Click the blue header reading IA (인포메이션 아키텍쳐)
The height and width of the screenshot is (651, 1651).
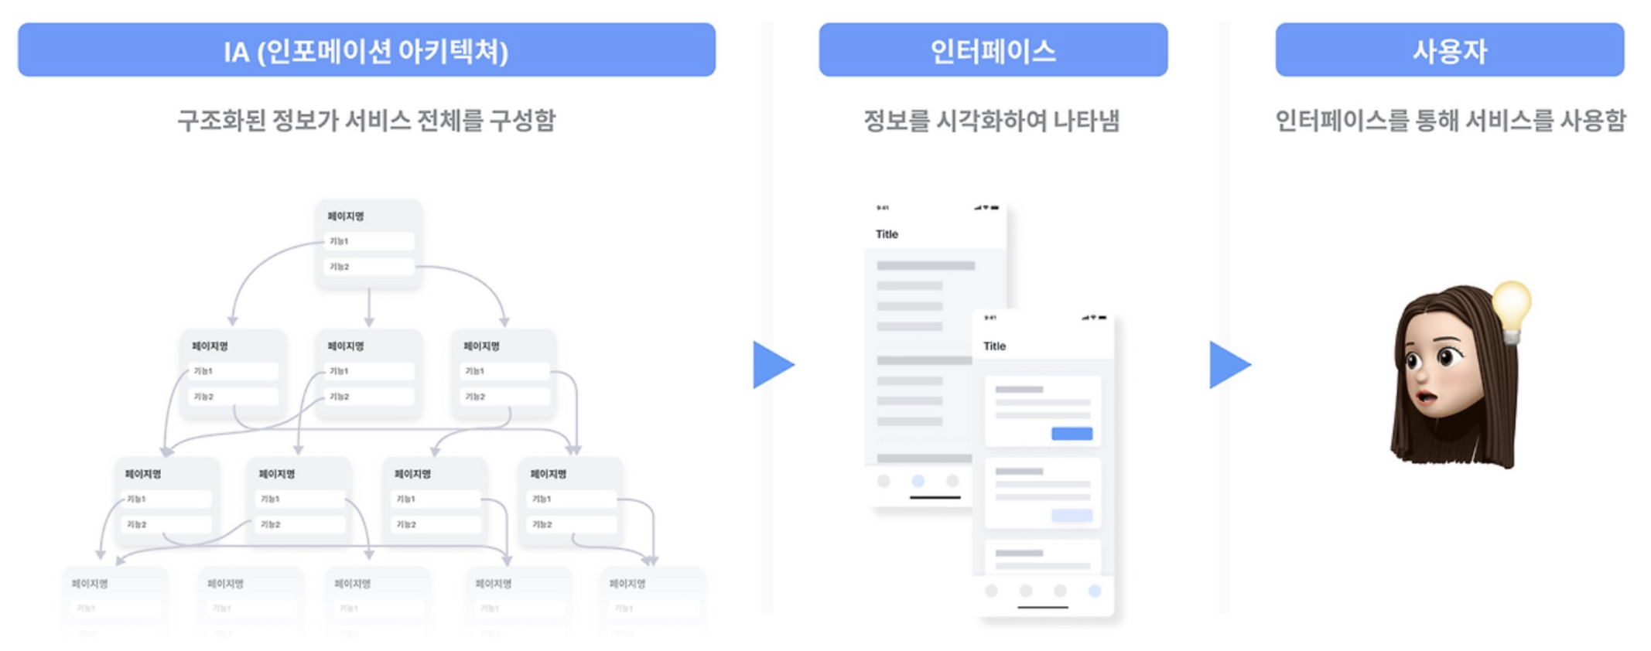tap(366, 49)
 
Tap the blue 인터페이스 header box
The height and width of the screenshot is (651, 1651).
tap(993, 49)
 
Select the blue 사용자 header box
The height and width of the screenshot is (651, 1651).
tap(1449, 49)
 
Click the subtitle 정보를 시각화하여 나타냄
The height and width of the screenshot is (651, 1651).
tap(991, 121)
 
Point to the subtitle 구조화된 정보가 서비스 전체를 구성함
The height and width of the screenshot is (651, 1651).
tap(366, 121)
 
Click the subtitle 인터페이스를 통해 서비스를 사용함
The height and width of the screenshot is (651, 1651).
tap(1450, 121)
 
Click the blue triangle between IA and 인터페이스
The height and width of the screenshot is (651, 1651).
tap(771, 364)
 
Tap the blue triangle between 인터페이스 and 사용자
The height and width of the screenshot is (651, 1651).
tap(1228, 364)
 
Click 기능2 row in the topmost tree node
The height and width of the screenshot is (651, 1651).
tap(369, 267)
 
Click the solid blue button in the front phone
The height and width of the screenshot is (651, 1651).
tap(1072, 433)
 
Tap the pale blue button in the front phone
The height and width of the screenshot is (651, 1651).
tap(1072, 516)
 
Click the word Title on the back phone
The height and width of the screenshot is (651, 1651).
tap(887, 234)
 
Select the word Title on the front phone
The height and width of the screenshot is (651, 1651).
tap(994, 346)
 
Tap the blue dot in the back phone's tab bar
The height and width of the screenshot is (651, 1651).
tap(918, 481)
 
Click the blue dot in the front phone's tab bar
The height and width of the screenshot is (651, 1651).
tap(1095, 591)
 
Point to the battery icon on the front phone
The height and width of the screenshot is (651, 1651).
tap(1102, 317)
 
